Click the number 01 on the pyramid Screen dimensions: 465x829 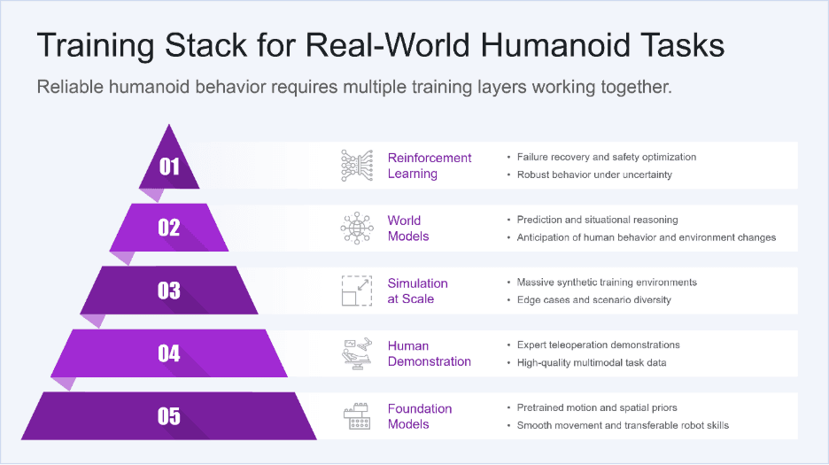(169, 166)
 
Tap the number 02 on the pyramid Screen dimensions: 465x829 (169, 228)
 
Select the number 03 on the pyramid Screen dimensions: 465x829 (169, 291)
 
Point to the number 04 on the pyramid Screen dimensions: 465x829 (169, 353)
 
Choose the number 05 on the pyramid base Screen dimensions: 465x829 (169, 416)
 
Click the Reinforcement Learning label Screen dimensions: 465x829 (430, 166)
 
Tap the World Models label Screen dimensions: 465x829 (408, 229)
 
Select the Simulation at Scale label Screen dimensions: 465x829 (417, 291)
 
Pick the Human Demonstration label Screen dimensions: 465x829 (429, 353)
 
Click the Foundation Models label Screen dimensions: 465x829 (420, 416)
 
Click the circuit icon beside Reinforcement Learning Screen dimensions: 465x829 (357, 166)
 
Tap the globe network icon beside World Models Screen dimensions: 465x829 (357, 229)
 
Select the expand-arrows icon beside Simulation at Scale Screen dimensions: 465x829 (357, 291)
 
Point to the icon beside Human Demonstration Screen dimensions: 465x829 (357, 353)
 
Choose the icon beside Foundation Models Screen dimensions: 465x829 (357, 416)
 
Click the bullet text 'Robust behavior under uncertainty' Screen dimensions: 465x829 (594, 174)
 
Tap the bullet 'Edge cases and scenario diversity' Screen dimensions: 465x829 (594, 299)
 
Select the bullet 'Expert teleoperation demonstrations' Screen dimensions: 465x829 (599, 345)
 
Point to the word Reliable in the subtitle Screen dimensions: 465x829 (70, 88)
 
